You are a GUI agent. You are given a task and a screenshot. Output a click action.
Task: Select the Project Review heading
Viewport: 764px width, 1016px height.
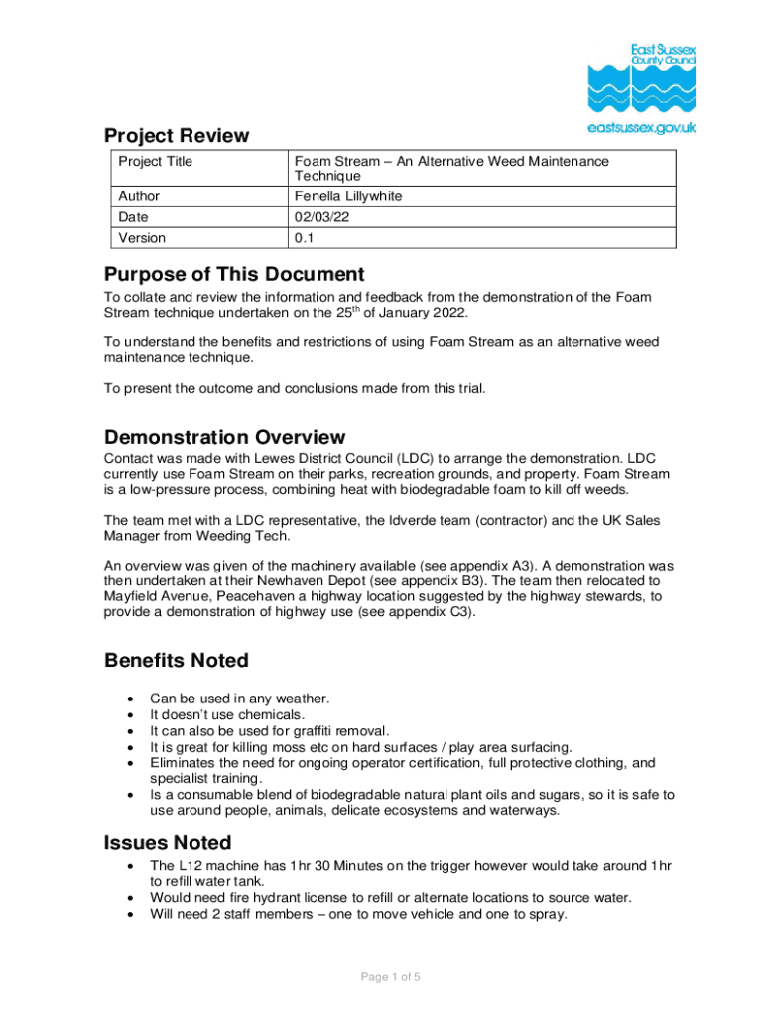pos(177,135)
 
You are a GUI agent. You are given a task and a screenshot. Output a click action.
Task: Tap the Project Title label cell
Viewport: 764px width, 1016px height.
pos(156,161)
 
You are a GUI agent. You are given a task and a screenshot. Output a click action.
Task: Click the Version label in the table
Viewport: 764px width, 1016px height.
pos(142,238)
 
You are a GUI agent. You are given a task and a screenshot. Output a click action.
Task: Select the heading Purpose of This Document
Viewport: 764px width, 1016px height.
pos(234,274)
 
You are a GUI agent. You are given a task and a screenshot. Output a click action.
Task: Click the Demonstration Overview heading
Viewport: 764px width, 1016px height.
pos(224,437)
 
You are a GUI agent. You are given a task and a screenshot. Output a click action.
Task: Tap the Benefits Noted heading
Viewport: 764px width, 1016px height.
pos(177,660)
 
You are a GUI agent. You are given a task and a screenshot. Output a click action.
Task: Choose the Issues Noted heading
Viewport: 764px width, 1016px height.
pos(168,843)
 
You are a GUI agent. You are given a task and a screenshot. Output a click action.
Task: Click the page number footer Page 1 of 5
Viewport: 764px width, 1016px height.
pos(390,977)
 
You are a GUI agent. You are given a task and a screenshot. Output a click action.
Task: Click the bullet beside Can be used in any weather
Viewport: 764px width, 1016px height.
pos(129,698)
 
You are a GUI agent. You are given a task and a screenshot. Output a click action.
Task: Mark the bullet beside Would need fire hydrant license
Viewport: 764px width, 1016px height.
pos(129,898)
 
